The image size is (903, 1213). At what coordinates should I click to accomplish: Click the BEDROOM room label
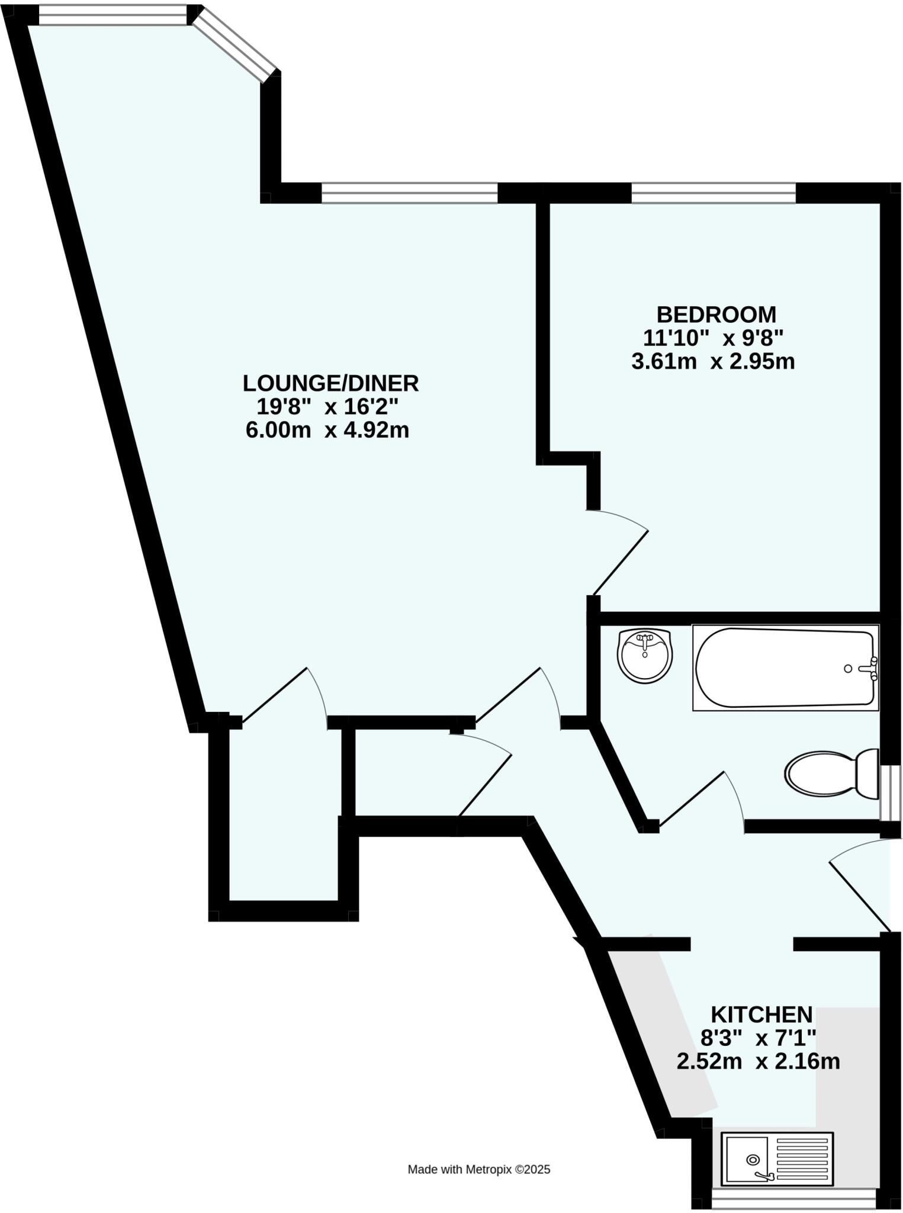coord(716,313)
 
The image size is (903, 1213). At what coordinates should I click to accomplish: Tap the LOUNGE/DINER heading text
coord(330,383)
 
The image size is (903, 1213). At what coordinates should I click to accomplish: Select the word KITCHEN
coord(761,1015)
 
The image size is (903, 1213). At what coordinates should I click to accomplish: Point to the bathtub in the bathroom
coord(784,668)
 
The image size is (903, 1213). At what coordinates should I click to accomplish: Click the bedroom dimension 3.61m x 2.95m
coord(713,361)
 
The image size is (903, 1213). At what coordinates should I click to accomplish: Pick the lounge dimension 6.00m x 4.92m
coord(327,431)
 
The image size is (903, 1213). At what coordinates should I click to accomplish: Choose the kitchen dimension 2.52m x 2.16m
coord(758,1061)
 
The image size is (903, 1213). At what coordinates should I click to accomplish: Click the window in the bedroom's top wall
coord(714,192)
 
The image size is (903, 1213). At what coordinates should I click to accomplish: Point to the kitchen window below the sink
coord(793,1202)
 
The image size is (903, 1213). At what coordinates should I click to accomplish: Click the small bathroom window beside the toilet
coord(890,792)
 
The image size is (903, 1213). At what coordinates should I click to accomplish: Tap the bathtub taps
coord(869,668)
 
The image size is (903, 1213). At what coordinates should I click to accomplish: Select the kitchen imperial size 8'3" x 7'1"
coord(758,1038)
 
